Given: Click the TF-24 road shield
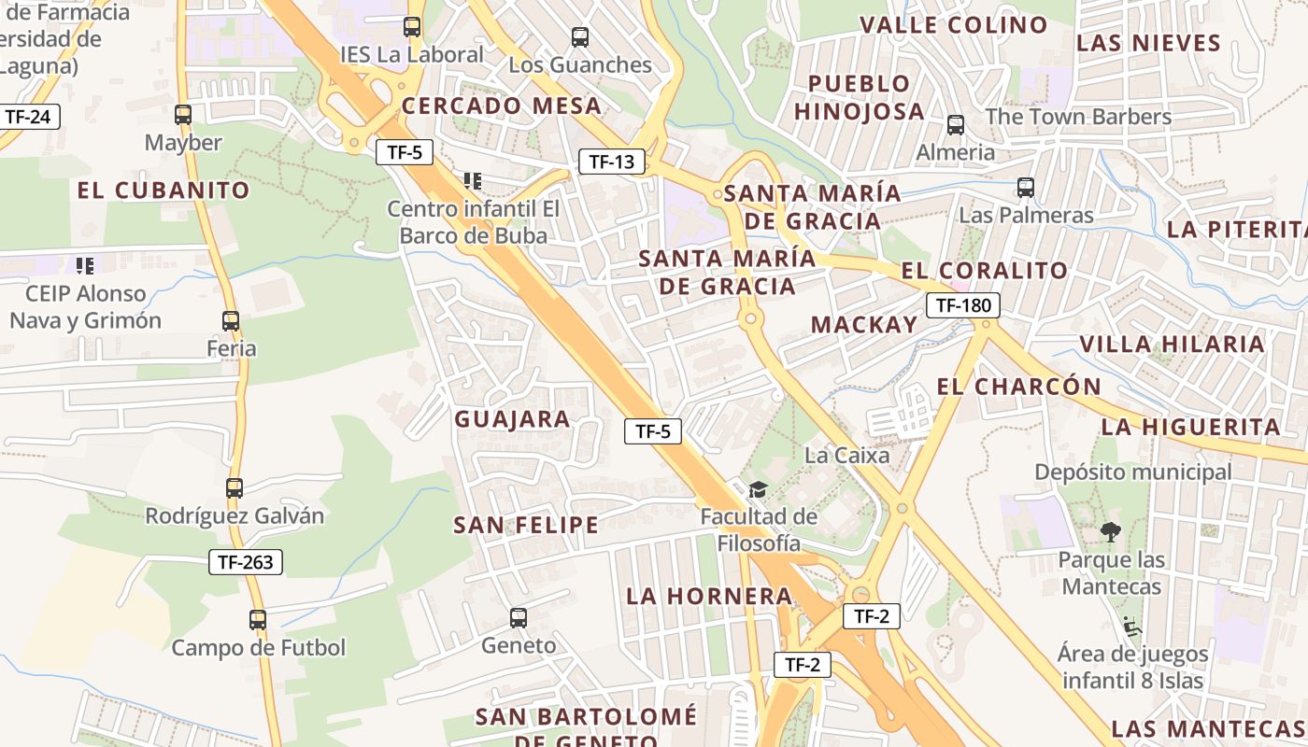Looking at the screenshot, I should (x=27, y=117).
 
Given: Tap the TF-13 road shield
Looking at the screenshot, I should (x=612, y=162).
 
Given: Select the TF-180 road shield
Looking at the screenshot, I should (x=963, y=304).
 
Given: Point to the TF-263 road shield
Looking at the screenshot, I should (x=245, y=562).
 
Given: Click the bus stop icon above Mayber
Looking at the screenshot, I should (x=183, y=115).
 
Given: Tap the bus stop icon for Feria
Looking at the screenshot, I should (x=231, y=321).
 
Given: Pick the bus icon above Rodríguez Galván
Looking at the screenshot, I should (x=235, y=487).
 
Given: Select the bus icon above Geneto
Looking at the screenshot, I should (x=519, y=617).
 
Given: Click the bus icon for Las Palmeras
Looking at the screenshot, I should (x=1026, y=188).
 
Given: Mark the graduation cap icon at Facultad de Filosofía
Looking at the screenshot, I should (x=758, y=489).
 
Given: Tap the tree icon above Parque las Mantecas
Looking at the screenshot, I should (x=1111, y=532).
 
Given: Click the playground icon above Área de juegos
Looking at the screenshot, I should (x=1132, y=626).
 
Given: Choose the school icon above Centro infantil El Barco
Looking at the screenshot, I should (x=473, y=180).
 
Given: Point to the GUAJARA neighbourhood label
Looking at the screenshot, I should (x=512, y=419).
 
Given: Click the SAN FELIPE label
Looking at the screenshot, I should (x=526, y=525).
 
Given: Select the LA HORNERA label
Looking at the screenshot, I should (x=709, y=596).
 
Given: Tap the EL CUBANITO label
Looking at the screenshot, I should (x=163, y=190).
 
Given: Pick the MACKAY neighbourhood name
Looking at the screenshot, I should (x=864, y=325).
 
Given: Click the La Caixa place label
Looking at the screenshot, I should (x=847, y=456).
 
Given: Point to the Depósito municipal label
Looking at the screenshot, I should (x=1132, y=472).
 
